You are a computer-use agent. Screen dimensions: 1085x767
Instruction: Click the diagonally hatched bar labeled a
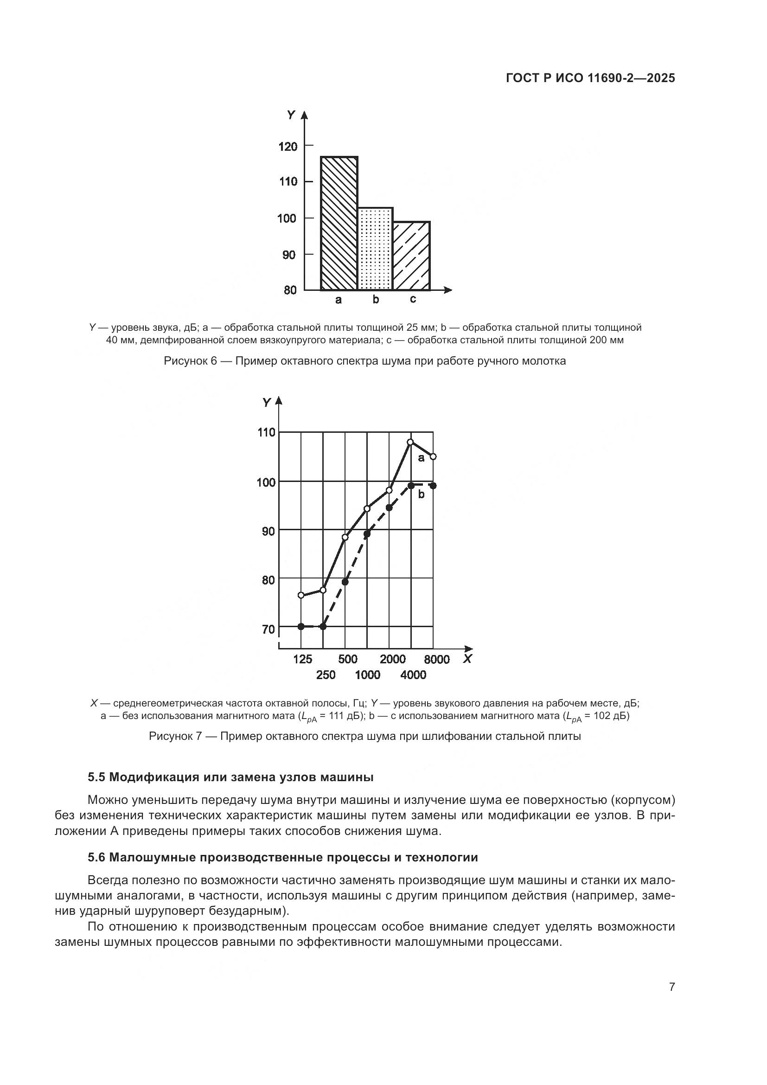pyautogui.click(x=339, y=223)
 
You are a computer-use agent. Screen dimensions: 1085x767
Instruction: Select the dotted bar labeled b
pyautogui.click(x=376, y=249)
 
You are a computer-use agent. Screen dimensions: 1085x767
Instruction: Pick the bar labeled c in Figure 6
pyautogui.click(x=411, y=255)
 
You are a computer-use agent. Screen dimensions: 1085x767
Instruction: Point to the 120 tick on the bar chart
pyautogui.click(x=288, y=147)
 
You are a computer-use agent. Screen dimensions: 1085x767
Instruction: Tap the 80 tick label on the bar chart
pyautogui.click(x=290, y=289)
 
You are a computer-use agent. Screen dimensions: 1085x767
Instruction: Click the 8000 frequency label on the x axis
pyautogui.click(x=436, y=660)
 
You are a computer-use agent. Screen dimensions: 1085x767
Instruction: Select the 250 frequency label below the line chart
pyautogui.click(x=326, y=675)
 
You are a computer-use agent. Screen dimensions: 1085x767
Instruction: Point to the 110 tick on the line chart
pyautogui.click(x=266, y=432)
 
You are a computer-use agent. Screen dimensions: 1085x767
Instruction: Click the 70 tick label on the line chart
pyautogui.click(x=268, y=629)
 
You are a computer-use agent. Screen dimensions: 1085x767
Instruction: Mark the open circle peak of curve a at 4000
pyautogui.click(x=410, y=442)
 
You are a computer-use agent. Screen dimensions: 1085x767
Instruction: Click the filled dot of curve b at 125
pyautogui.click(x=301, y=627)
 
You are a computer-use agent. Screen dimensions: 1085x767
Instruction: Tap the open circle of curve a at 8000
pyautogui.click(x=433, y=456)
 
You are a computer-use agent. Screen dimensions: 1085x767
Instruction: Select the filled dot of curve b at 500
pyautogui.click(x=345, y=582)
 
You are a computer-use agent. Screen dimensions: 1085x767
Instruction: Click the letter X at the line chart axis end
pyautogui.click(x=467, y=659)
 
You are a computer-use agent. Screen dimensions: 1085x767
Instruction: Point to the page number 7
pyautogui.click(x=671, y=987)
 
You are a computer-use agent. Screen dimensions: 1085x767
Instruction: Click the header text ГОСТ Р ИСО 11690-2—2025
pyautogui.click(x=590, y=78)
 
